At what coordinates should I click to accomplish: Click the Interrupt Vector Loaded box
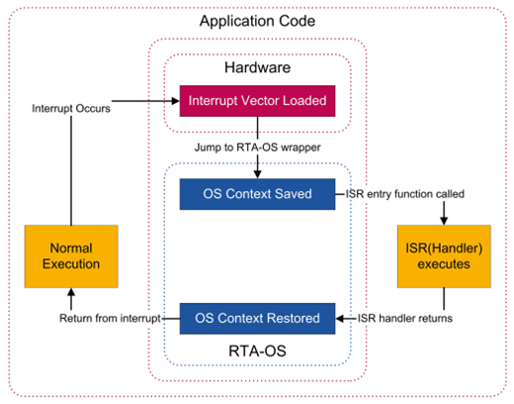[x=257, y=101]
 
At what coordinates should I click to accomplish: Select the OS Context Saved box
[x=257, y=194]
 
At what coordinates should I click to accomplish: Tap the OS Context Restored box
[x=257, y=319]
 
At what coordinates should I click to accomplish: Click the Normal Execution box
[x=71, y=256]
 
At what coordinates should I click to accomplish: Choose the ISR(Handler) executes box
[x=444, y=256]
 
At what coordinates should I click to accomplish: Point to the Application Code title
[x=257, y=21]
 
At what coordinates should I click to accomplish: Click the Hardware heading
[x=257, y=67]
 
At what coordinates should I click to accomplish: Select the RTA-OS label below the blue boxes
[x=257, y=352]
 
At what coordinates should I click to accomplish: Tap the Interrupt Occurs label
[x=71, y=108]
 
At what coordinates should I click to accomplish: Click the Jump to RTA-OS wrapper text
[x=257, y=148]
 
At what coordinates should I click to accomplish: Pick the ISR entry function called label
[x=405, y=194]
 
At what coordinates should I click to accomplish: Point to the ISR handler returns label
[x=405, y=319]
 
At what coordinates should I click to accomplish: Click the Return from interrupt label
[x=110, y=319]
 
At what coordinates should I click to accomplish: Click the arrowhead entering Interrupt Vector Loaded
[x=176, y=101]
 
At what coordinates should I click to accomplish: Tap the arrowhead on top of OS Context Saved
[x=257, y=175]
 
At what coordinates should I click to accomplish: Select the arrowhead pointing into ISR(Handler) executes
[x=444, y=221]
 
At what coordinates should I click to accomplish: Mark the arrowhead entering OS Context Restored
[x=340, y=319]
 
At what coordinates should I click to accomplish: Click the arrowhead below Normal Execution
[x=71, y=292]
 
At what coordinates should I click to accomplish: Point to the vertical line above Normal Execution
[x=71, y=170]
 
